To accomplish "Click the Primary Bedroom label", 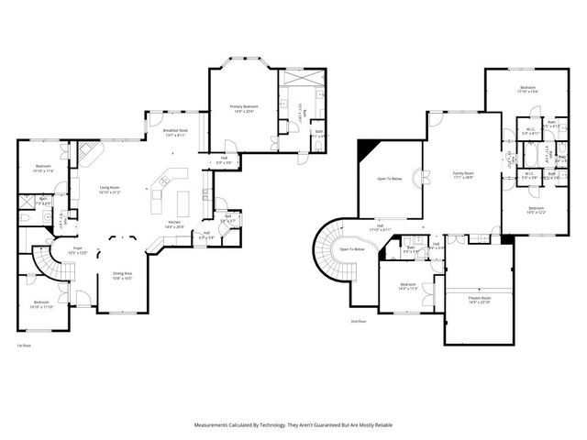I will click(243, 109).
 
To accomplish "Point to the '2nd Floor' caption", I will click(358, 322).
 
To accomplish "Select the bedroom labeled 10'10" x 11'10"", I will click(41, 303).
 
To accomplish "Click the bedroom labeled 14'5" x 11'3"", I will click(409, 286).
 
